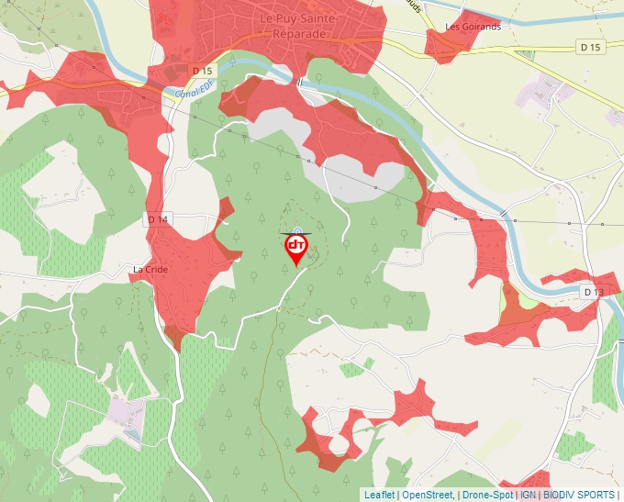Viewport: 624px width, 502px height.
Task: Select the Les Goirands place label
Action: [473, 27]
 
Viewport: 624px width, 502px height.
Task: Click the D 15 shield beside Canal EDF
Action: [202, 71]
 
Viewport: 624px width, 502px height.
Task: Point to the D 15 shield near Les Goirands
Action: [590, 47]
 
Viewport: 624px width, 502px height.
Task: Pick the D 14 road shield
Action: [158, 219]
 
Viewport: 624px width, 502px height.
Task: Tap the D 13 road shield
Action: [594, 292]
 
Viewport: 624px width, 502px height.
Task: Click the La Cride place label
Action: [150, 270]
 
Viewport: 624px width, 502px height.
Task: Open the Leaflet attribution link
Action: [379, 495]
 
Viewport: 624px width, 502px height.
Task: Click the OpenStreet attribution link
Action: [427, 495]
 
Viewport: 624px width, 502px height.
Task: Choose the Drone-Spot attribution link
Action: [487, 495]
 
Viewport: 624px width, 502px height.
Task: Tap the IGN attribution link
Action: [529, 495]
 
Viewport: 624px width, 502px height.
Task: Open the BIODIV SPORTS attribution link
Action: [578, 495]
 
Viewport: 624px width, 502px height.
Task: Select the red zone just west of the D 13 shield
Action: [551, 303]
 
